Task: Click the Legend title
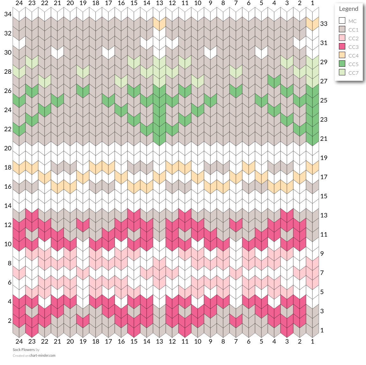348,9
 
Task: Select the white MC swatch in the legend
342,20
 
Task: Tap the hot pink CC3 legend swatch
342,47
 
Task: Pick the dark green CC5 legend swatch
342,64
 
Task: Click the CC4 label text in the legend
353,56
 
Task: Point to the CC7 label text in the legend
353,73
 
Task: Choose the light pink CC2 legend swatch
342,38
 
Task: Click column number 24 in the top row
19,3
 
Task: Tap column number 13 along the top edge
159,3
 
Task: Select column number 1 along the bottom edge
312,341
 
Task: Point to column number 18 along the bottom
96,341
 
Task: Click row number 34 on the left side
8,14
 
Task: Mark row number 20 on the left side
8,148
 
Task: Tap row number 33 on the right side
324,24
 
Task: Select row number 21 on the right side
324,139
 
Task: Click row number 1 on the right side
322,330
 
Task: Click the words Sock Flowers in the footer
24,350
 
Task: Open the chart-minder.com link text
42,355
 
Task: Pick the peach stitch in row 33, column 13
159,24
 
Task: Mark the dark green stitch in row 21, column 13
159,139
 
